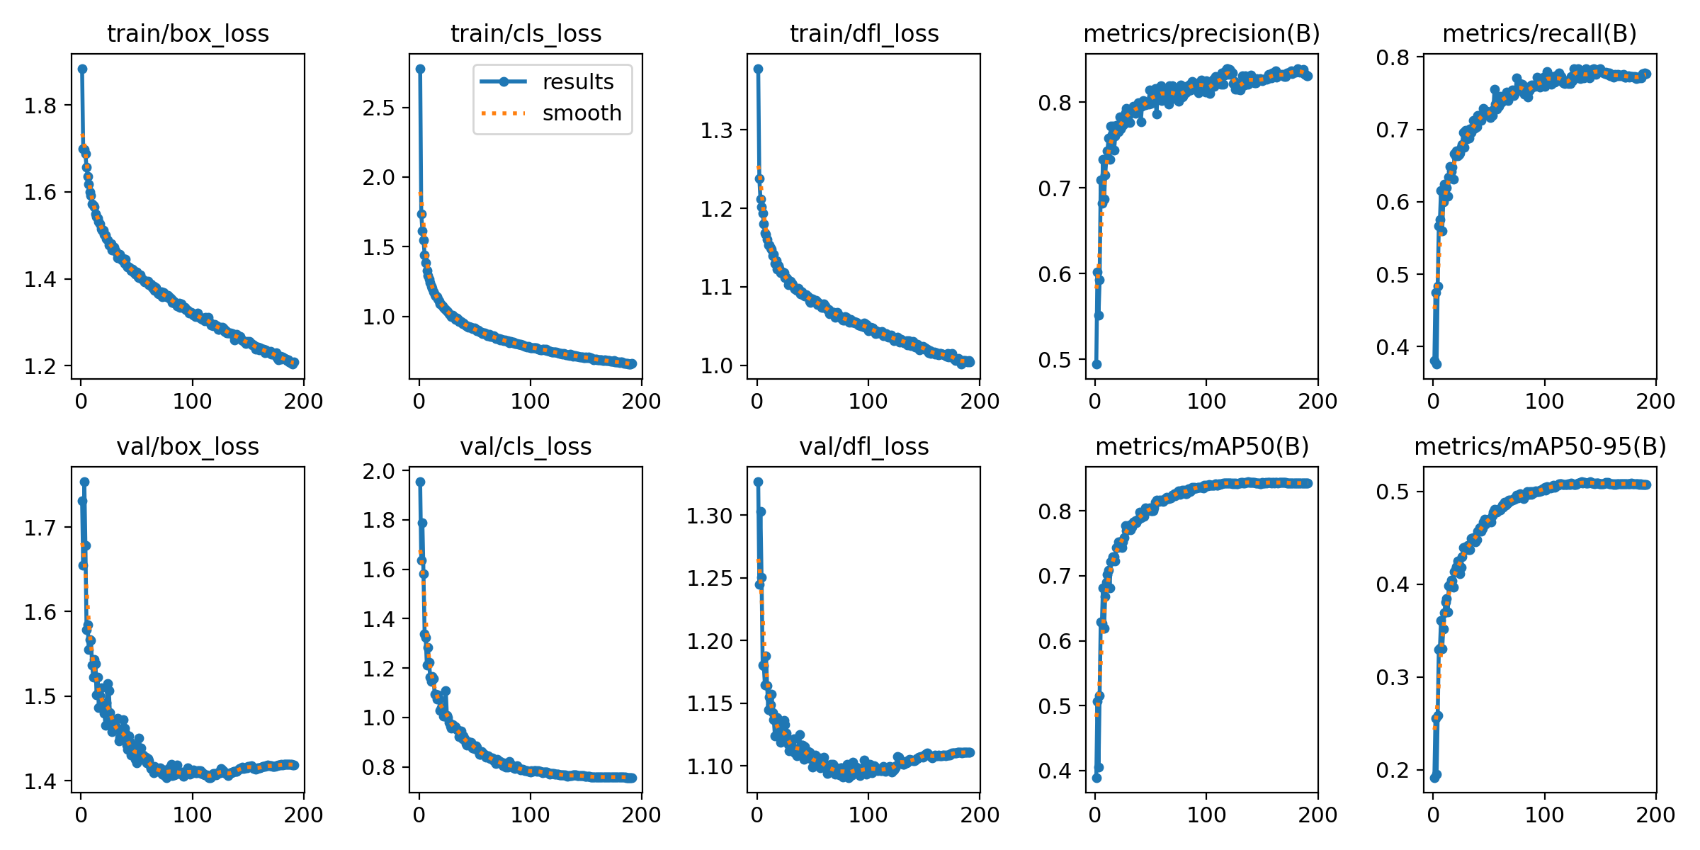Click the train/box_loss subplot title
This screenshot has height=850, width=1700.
188,33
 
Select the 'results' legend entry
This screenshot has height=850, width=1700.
578,82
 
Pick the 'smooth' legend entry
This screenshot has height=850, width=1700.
582,113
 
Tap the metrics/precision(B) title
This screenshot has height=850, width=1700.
1202,33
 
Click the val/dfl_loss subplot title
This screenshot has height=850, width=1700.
863,446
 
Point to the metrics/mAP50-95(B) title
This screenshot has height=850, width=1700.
1540,446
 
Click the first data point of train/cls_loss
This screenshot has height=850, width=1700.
420,69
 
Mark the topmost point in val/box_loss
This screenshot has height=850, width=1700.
84,482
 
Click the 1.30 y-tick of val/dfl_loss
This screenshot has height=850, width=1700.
709,516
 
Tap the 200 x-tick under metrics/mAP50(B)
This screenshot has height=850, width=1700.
1317,815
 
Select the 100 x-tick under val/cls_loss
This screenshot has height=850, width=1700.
530,815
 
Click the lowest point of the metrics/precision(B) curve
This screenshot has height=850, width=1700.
1096,364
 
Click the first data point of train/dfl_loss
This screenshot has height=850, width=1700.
758,69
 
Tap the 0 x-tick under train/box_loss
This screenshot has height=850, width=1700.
81,402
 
